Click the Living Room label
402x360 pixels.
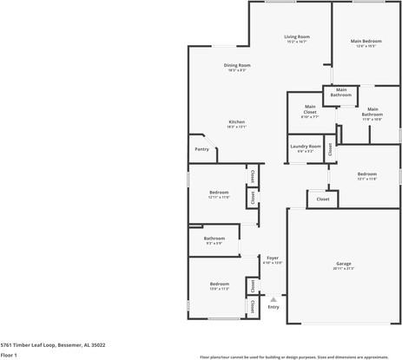pyautogui.click(x=297, y=36)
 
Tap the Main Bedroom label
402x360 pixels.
pyautogui.click(x=366, y=41)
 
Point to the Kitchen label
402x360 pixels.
pyautogui.click(x=237, y=121)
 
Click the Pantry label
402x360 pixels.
pyautogui.click(x=201, y=149)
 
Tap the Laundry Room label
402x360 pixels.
pyautogui.click(x=306, y=146)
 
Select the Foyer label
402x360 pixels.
pyautogui.click(x=273, y=258)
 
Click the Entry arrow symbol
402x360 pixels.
pyautogui.click(x=273, y=298)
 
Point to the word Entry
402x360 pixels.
pyautogui.click(x=273, y=307)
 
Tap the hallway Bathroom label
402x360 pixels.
pyautogui.click(x=214, y=238)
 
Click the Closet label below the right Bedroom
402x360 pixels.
pyautogui.click(x=322, y=200)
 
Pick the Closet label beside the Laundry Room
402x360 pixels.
pyautogui.click(x=330, y=148)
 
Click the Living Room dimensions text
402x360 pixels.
pyautogui.click(x=297, y=42)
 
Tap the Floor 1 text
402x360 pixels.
pyautogui.click(x=10, y=355)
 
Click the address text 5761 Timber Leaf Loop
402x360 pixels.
pyautogui.click(x=53, y=344)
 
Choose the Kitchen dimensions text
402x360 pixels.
pyautogui.click(x=237, y=127)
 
